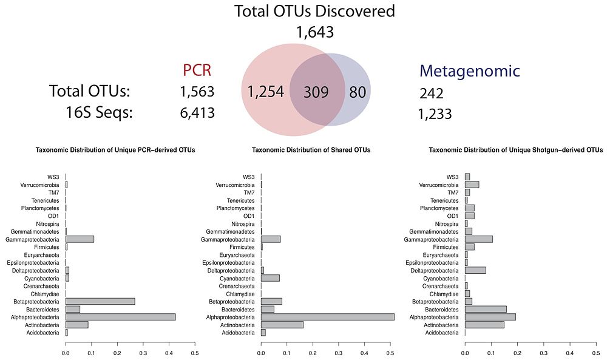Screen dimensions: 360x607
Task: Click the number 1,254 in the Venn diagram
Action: (266, 92)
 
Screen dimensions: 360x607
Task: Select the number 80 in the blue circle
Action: (356, 92)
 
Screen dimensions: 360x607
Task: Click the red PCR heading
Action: (197, 70)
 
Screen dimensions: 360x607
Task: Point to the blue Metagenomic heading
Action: (469, 71)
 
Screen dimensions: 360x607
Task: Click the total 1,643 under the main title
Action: (315, 32)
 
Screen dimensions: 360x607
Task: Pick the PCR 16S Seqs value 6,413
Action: (197, 113)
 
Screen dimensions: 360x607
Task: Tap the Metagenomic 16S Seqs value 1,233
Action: (435, 114)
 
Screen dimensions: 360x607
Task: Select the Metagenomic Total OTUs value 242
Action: (431, 93)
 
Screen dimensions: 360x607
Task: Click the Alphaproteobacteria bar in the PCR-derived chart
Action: (120, 317)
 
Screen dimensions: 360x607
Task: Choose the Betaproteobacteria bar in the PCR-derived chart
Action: (100, 301)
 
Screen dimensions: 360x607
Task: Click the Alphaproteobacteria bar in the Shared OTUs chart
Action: (328, 317)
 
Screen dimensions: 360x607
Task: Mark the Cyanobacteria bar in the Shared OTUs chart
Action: (270, 278)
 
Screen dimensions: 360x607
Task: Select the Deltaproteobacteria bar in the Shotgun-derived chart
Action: (475, 270)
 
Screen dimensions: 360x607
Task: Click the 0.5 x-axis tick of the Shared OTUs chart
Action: (390, 351)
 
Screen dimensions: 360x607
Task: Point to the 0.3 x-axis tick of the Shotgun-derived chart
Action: (543, 351)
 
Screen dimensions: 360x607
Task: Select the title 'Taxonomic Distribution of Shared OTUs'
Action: (311, 150)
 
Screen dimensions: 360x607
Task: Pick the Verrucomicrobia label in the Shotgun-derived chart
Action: (441, 185)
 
